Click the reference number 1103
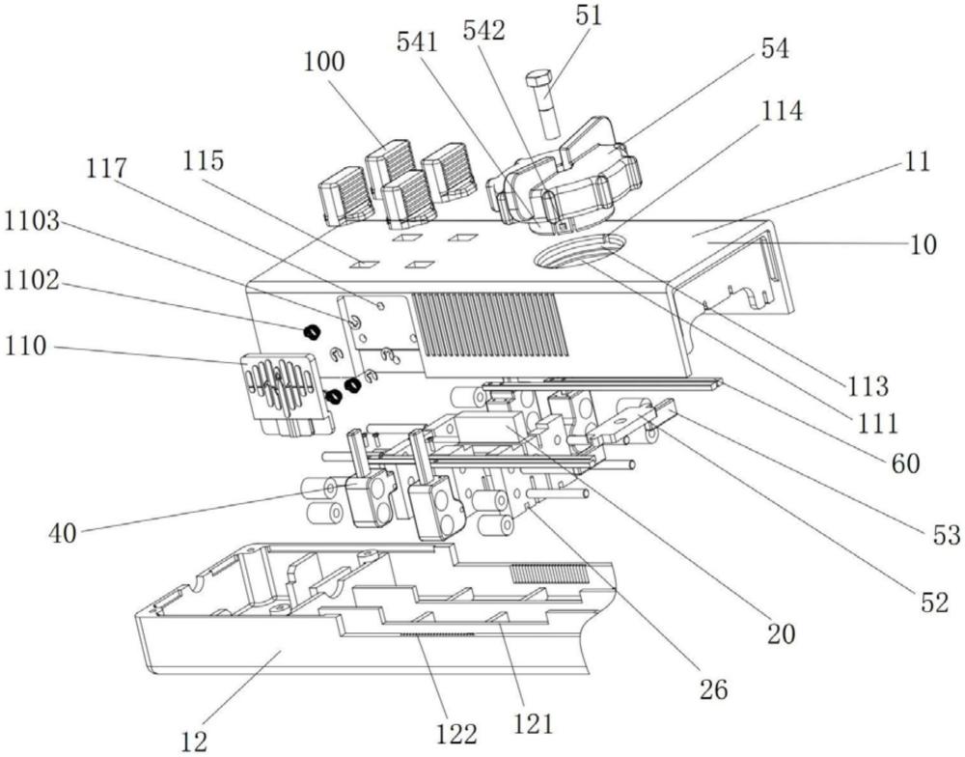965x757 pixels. [33, 222]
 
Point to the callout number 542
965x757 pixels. [483, 31]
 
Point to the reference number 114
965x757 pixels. [780, 112]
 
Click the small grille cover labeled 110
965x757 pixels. [281, 391]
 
